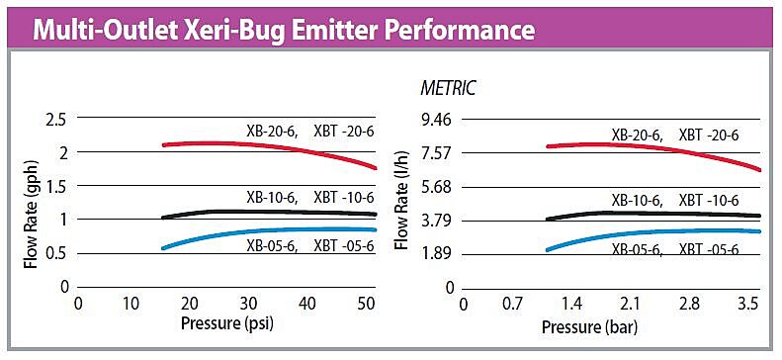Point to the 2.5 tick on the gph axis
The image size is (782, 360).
coord(56,120)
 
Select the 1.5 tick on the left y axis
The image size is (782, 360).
coord(56,186)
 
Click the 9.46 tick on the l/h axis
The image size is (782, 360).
coord(436,120)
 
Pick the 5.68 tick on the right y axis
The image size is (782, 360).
coord(436,186)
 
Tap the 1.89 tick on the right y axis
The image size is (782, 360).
coord(436,253)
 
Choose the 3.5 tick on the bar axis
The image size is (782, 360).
coord(746,304)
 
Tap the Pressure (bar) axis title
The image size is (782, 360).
coord(603,323)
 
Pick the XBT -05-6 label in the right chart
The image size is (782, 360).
coord(709,249)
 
